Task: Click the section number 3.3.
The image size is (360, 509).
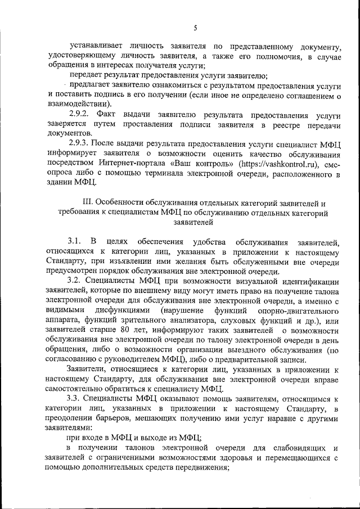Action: (x=76, y=398)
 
